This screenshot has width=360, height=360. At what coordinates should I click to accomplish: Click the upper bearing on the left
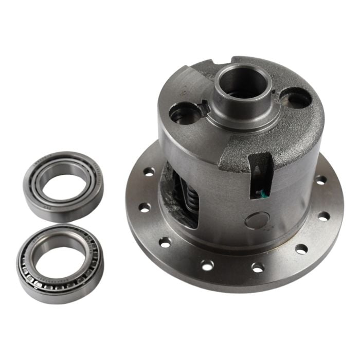63,186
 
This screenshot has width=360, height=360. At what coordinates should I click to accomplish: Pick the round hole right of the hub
296,98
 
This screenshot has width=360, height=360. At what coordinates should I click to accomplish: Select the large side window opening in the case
180,195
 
